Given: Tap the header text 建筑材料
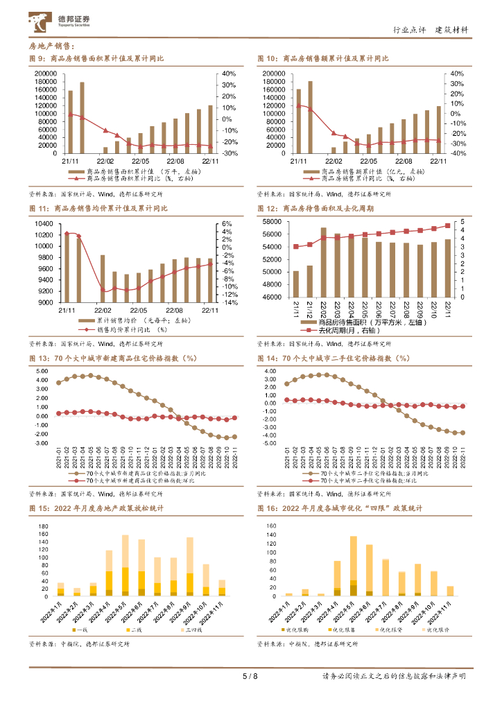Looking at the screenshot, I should click(x=451, y=30).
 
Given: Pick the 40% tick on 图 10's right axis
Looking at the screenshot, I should click(x=457, y=73).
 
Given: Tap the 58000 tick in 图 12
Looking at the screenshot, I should click(x=271, y=222).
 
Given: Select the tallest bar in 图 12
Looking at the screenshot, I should click(x=323, y=262).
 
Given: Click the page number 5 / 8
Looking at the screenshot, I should click(x=251, y=677).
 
